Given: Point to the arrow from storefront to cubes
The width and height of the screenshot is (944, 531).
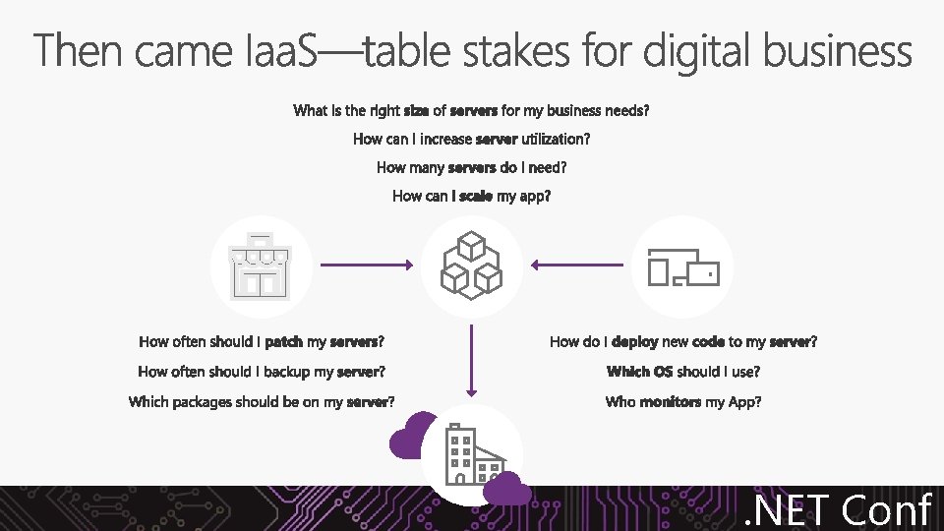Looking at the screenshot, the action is pos(366,265).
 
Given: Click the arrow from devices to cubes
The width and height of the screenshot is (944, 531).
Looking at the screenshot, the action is pos(576,265).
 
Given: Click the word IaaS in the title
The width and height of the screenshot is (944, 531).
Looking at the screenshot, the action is pos(278,51).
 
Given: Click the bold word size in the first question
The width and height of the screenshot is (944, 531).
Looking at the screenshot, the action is pos(417,110).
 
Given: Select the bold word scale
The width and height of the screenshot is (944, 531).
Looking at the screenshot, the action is pos(476,196).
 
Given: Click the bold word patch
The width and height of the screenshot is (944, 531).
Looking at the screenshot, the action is pos(284,342).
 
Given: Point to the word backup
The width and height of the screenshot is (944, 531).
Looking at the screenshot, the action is pos(284,372).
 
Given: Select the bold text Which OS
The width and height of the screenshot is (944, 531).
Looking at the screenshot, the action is pos(639,372).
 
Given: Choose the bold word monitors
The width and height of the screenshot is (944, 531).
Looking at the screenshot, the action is pos(671,401).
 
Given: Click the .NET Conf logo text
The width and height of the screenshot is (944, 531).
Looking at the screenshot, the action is pos(836,509).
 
